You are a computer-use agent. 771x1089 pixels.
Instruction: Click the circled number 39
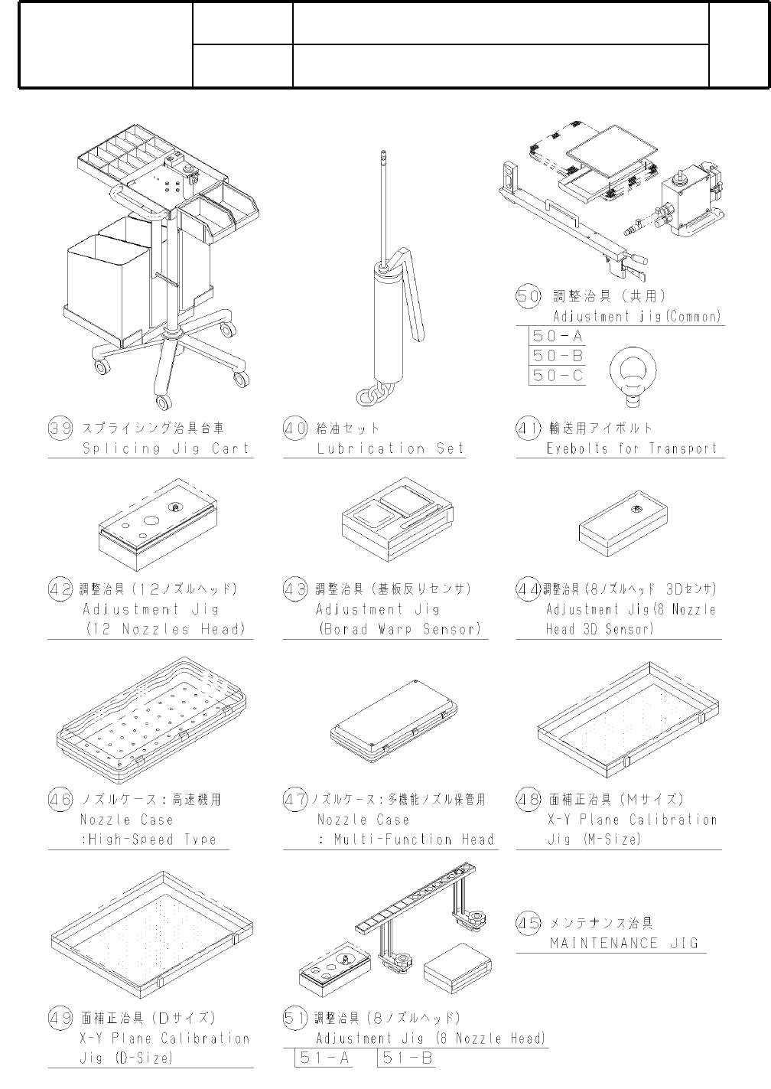coord(60,429)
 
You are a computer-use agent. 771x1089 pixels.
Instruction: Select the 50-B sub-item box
coord(558,355)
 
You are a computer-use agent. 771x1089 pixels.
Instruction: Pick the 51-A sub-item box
coord(324,1058)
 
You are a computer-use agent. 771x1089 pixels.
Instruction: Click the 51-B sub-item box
coord(407,1058)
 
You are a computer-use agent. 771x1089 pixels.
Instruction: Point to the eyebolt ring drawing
coord(633,375)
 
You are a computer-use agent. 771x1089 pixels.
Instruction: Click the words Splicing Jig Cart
coord(165,448)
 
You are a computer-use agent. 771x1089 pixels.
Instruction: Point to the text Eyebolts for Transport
coord(632,448)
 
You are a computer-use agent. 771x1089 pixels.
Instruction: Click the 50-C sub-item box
coord(558,375)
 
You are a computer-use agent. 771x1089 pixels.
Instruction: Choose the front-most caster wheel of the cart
coord(164,402)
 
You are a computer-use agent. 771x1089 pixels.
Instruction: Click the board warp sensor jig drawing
coord(398,520)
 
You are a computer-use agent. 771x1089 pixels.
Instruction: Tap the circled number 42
coord(60,590)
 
